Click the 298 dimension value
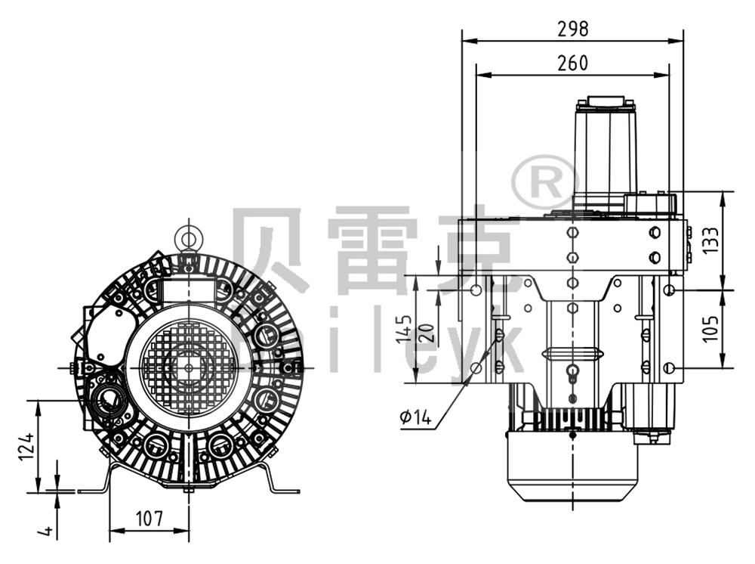(x=572, y=29)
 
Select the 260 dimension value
(x=572, y=63)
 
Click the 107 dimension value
(x=149, y=519)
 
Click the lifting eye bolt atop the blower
(x=187, y=239)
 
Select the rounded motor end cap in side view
(x=572, y=469)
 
